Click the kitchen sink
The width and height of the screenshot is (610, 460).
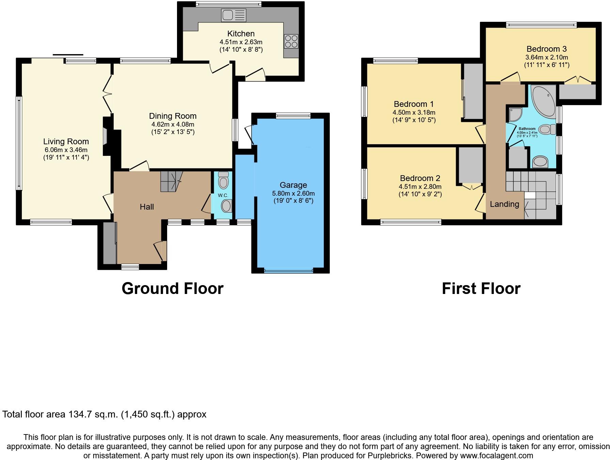[234, 15]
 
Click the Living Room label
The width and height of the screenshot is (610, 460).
[66, 142]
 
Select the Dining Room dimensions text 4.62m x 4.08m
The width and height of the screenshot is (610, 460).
[173, 125]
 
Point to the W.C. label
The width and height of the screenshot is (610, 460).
[223, 195]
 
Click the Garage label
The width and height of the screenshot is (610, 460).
[293, 185]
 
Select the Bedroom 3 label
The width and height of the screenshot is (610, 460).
[546, 49]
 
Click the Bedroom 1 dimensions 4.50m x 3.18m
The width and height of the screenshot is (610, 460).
[414, 113]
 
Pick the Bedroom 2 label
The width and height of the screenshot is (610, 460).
[420, 178]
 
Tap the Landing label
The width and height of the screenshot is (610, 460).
[504, 204]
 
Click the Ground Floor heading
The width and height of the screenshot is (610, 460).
[172, 289]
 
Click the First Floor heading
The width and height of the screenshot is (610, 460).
[481, 289]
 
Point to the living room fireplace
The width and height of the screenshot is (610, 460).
[106, 136]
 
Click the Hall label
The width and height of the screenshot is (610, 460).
[147, 207]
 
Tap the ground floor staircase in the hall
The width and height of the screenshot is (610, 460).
[171, 181]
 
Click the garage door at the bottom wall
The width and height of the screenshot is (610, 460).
[288, 271]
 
